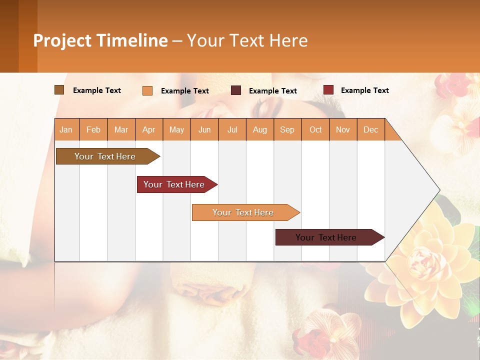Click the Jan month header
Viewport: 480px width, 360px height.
(x=66, y=129)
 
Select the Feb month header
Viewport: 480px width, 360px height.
(x=93, y=129)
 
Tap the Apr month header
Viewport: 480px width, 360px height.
(x=149, y=129)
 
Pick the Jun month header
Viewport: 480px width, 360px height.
(x=204, y=129)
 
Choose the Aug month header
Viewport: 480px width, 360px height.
(x=260, y=129)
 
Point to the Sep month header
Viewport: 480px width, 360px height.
(x=287, y=129)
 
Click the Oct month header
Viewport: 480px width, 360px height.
(x=315, y=129)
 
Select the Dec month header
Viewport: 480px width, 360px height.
(x=371, y=129)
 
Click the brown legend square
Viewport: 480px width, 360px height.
(x=59, y=90)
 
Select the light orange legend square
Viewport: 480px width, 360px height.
(x=147, y=90)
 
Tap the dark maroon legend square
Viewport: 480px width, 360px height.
(x=236, y=90)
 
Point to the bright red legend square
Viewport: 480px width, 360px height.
(x=328, y=90)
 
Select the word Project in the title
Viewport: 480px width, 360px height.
(x=62, y=40)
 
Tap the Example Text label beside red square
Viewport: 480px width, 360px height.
(x=364, y=90)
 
